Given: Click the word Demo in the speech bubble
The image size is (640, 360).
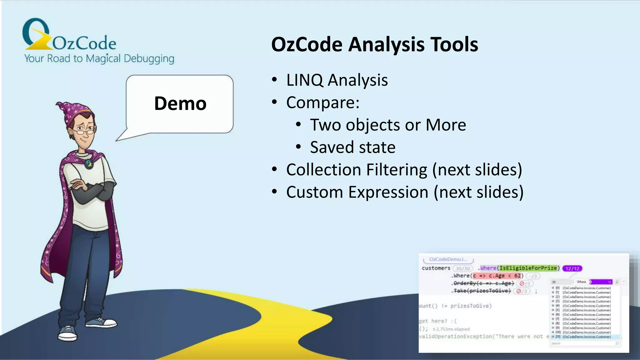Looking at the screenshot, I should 180,103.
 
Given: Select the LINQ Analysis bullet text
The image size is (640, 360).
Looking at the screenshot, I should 337,80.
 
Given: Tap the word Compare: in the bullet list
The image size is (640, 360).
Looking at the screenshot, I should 323,102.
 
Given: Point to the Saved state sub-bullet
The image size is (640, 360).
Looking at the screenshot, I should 352,147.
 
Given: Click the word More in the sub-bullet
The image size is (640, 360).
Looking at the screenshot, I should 446,125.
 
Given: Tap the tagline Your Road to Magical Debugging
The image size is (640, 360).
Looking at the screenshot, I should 99,58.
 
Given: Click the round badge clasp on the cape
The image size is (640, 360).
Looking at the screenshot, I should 89,164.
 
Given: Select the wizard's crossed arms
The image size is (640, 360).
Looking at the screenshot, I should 91,191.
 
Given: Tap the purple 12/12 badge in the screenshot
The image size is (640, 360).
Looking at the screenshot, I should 572,268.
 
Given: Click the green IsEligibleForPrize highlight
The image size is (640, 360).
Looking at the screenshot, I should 528,268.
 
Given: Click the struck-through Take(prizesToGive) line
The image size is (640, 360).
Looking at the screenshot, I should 482,291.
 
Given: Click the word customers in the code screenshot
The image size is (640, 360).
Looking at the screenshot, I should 436,268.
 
